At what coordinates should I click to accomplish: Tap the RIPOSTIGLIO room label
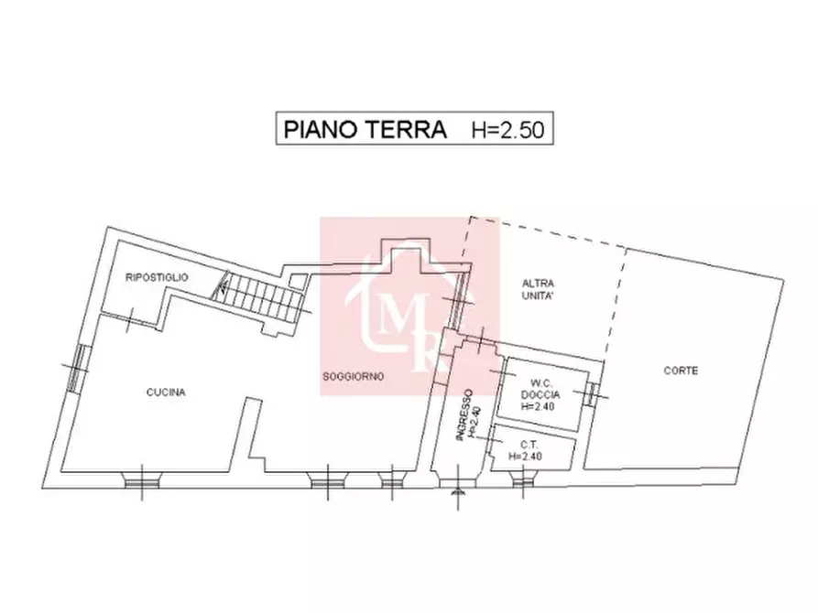[x=157, y=276]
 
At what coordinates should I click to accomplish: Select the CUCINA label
[x=166, y=393]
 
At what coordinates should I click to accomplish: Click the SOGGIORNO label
[x=352, y=376]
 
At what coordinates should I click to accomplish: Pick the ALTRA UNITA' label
[x=539, y=290]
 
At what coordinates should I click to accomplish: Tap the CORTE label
[x=681, y=371]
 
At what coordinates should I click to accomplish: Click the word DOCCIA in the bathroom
[x=538, y=394]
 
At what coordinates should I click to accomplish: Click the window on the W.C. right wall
[x=592, y=393]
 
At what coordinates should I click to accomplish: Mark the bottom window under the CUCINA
[x=142, y=478]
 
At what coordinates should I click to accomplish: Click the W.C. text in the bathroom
[x=538, y=382]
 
